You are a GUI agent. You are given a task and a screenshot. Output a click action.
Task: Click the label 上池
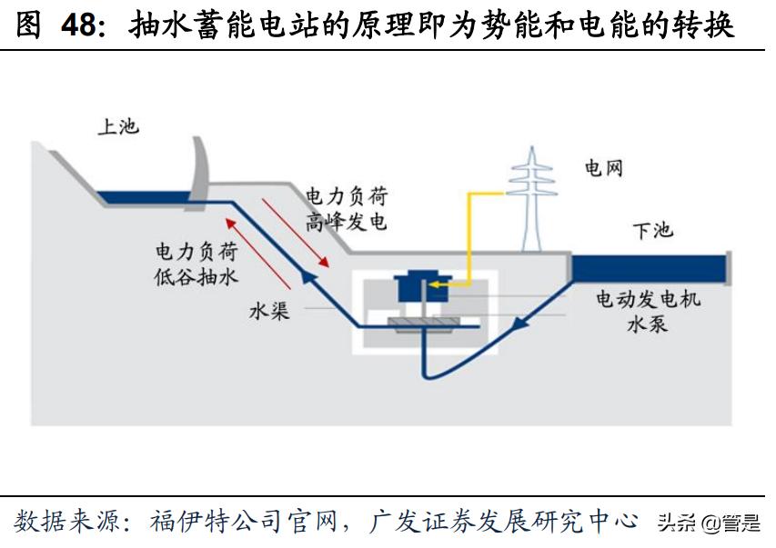118,126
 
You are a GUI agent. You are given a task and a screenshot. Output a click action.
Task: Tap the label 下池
651,230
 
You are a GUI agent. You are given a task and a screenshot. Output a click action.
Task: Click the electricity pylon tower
531,200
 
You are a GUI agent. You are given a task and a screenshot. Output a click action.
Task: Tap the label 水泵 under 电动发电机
647,324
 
